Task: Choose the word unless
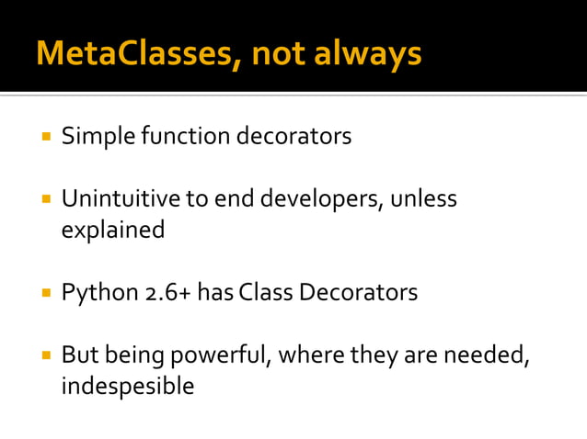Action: pos(422,199)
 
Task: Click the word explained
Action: pos(112,230)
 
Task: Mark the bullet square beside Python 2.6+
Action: pos(44,294)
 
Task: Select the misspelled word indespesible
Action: pos(127,386)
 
